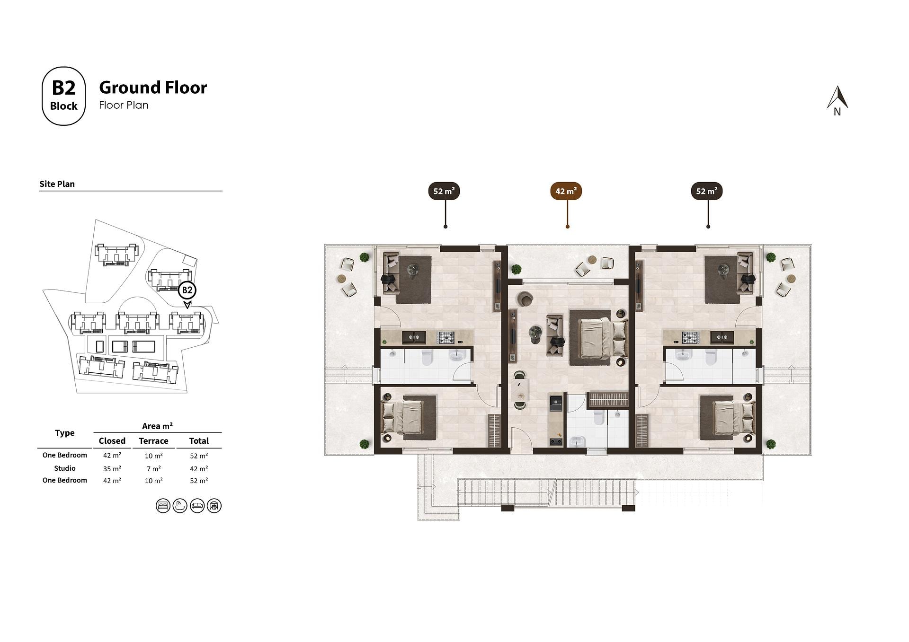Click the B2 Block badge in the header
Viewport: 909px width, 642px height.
(x=63, y=96)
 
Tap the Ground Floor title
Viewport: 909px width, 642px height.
(x=153, y=88)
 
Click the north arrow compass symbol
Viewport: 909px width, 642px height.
(x=837, y=101)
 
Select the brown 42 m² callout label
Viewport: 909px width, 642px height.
(x=566, y=191)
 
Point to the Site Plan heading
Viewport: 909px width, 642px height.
(x=57, y=184)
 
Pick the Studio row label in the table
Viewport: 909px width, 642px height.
(x=65, y=468)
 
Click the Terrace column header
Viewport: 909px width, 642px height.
(x=153, y=441)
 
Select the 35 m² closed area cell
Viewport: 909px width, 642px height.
(x=112, y=468)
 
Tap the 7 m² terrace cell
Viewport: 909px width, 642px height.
(x=153, y=468)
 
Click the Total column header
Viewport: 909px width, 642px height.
(x=199, y=441)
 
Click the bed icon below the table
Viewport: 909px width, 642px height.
(x=163, y=506)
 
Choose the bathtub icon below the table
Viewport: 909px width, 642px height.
(x=180, y=506)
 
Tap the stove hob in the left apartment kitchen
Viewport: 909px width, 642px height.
(x=446, y=337)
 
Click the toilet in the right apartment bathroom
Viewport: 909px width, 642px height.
(x=710, y=358)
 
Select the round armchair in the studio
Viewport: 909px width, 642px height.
(x=525, y=299)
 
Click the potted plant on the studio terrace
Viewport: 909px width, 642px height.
(x=516, y=269)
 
